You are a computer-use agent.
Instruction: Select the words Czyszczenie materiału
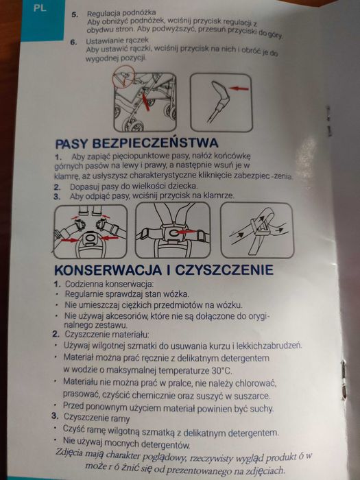110,333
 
